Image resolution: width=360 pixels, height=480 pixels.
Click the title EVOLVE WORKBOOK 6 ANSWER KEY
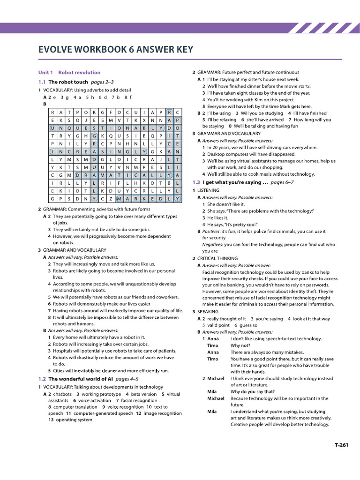pyautogui.click(x=115, y=50)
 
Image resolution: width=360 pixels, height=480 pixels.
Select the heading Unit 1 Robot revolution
pyautogui.click(x=69, y=73)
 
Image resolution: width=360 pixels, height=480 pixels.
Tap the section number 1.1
pyautogui.click(x=42, y=82)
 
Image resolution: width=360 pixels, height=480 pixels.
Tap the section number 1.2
pyautogui.click(x=42, y=379)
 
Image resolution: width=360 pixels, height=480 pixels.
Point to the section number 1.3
pyautogui.click(x=196, y=182)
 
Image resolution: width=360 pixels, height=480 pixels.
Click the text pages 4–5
pyautogui.click(x=127, y=379)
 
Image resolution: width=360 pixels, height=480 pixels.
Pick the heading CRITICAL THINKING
pyautogui.click(x=217, y=258)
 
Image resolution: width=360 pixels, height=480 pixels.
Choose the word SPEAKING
pyautogui.click(x=208, y=311)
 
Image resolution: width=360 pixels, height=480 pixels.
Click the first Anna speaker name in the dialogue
pyautogui.click(x=213, y=338)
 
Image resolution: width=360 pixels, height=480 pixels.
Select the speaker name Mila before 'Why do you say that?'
pyautogui.click(x=212, y=391)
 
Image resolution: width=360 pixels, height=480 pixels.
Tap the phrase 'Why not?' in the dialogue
pyautogui.click(x=240, y=345)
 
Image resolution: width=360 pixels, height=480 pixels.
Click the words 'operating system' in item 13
pyautogui.click(x=74, y=420)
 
